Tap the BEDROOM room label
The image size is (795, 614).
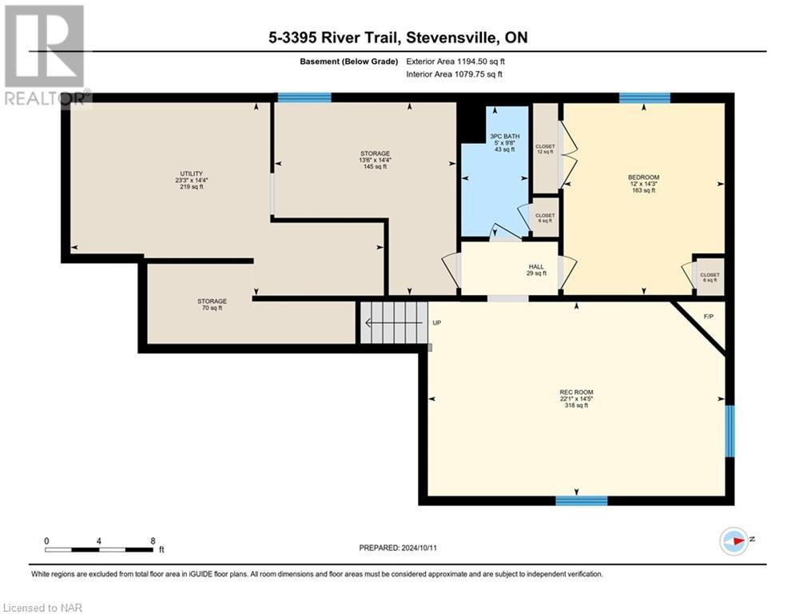(x=643, y=177)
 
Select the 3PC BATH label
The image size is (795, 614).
(x=504, y=137)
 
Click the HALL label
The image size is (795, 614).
(x=537, y=267)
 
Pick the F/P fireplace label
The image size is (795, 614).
(x=708, y=317)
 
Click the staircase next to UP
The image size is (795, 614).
(x=392, y=323)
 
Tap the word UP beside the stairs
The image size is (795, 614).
(x=436, y=323)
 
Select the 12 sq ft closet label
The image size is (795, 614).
(x=545, y=150)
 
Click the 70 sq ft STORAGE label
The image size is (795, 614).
(x=212, y=304)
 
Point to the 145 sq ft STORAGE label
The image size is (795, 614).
(x=374, y=159)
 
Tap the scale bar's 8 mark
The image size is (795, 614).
(x=153, y=540)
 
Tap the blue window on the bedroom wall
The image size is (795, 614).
(x=644, y=98)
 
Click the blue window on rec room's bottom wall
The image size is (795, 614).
(x=581, y=500)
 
